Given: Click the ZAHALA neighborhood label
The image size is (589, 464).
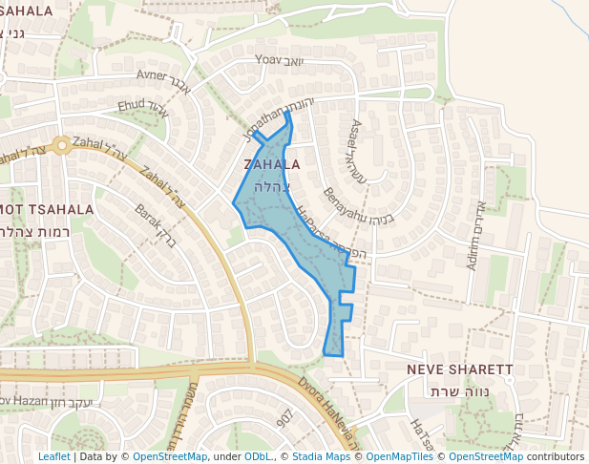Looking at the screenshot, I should click(272, 164).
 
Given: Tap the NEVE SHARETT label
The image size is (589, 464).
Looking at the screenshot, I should click(460, 369).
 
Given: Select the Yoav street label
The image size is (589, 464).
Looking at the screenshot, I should click(269, 59).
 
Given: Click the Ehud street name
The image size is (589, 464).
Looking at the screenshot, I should click(132, 105).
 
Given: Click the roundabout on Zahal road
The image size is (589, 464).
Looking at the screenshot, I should click(62, 145).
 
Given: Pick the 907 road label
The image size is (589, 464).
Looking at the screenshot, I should click(284, 420).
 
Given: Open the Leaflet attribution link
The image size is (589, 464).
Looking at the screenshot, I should click(53, 456).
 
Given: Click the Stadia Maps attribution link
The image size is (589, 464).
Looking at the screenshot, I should click(320, 456).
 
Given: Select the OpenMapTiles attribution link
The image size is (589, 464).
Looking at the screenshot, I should click(401, 456).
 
